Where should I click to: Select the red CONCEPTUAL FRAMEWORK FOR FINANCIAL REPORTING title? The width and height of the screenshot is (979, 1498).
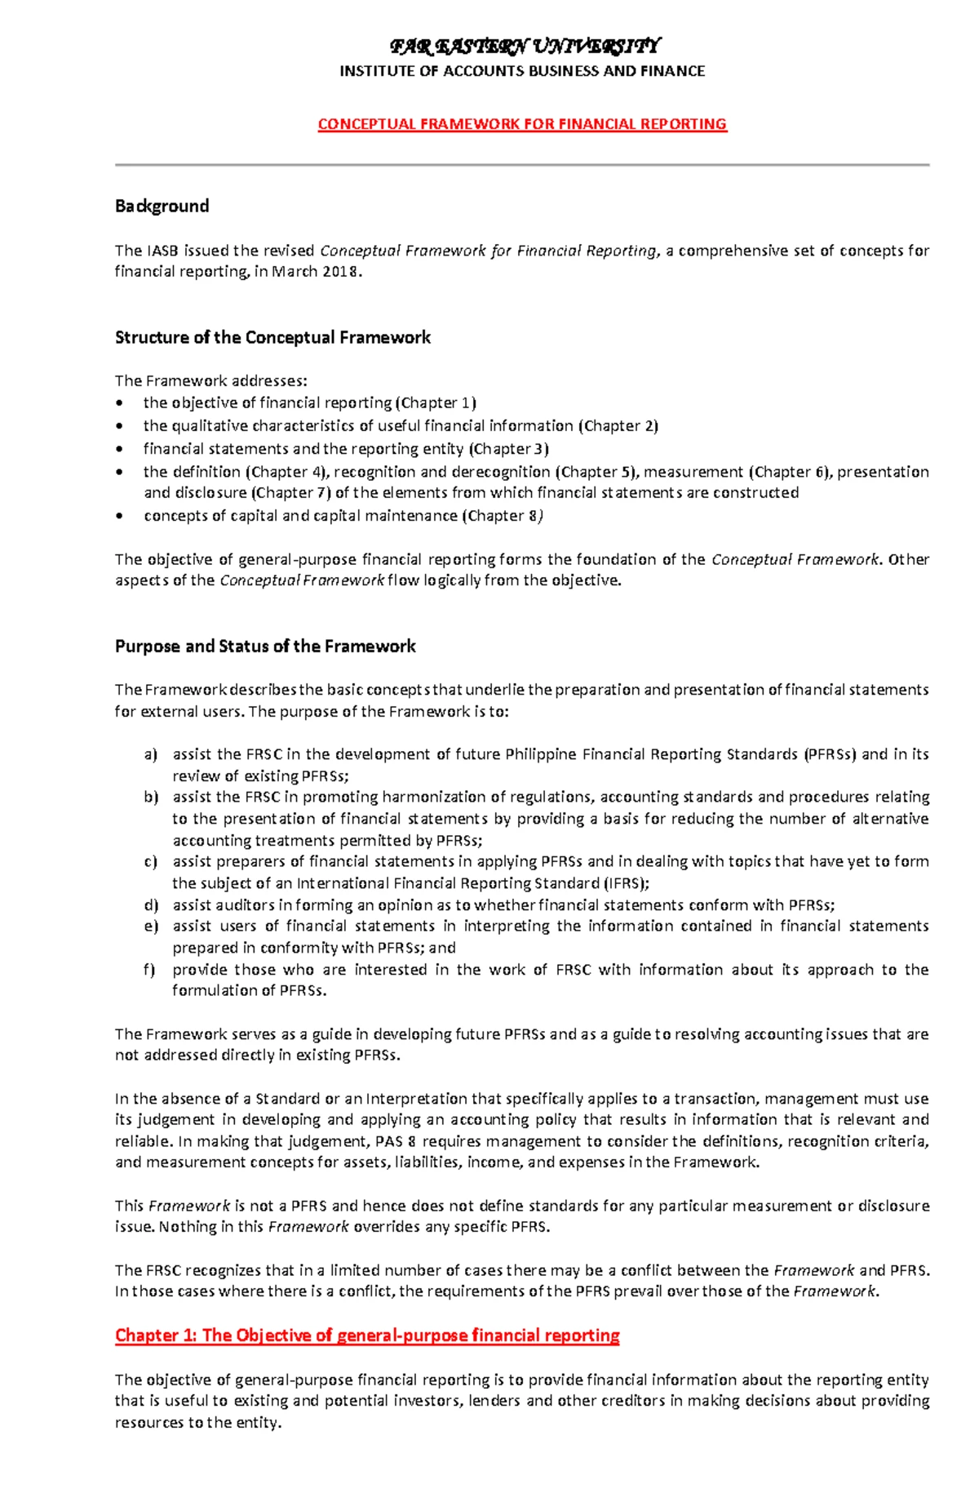[522, 124]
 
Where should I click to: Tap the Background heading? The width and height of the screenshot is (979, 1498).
[162, 206]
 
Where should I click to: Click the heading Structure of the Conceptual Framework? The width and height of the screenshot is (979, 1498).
[272, 337]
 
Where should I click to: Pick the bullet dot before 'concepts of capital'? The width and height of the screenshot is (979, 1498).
[122, 516]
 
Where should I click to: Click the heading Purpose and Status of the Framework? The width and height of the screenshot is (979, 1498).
[265, 647]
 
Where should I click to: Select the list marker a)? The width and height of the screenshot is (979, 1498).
[150, 755]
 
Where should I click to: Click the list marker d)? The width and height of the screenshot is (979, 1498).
[150, 905]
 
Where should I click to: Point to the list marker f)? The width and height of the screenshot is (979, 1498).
[150, 970]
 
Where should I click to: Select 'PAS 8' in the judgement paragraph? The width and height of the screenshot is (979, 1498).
[396, 1141]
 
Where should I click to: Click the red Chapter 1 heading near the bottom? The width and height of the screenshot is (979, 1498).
[367, 1336]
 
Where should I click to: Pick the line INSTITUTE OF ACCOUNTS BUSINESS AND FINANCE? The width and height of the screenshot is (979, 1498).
[522, 71]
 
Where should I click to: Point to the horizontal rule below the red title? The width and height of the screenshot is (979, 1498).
[522, 165]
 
